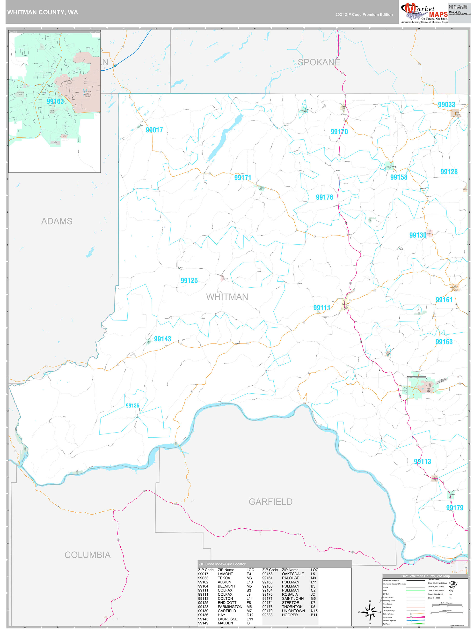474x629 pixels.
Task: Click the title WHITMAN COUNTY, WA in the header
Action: (43, 12)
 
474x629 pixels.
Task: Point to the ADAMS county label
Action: (57, 221)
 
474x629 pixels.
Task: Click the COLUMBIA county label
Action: (88, 555)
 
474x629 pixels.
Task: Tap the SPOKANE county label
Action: (319, 62)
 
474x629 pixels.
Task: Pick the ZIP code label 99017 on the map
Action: (154, 130)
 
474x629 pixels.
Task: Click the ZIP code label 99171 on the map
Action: (242, 178)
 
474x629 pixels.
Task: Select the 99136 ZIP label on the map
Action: (132, 405)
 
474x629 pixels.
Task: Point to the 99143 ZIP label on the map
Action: (162, 339)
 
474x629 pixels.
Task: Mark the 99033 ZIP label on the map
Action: (446, 105)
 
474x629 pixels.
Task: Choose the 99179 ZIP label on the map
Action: (454, 508)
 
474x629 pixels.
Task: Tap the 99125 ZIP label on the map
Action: (189, 281)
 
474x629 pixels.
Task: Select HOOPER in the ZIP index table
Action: (290, 615)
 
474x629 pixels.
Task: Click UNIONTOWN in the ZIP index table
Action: (293, 611)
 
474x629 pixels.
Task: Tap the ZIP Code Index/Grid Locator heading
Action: (222, 564)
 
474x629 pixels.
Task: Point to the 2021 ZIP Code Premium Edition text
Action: (364, 15)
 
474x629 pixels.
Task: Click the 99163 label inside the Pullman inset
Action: (55, 102)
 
